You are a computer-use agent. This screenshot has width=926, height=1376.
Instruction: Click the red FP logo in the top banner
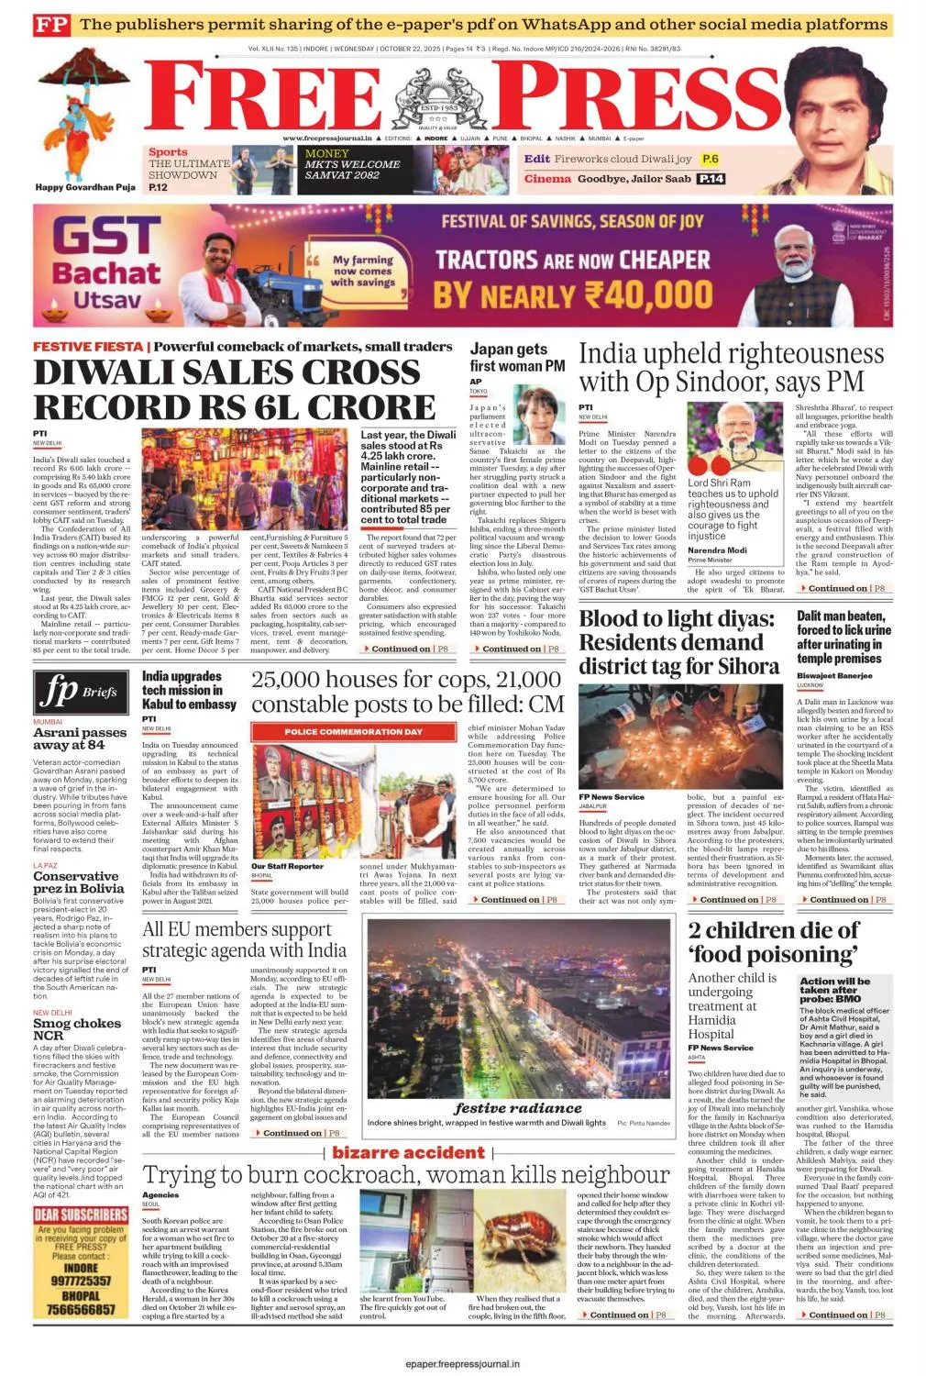[51, 25]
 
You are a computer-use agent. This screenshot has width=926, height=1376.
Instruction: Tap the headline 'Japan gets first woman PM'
[517, 357]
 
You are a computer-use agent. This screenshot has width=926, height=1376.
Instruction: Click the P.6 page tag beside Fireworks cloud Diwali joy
[711, 160]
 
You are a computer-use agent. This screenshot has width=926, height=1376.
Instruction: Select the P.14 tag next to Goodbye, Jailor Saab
[711, 179]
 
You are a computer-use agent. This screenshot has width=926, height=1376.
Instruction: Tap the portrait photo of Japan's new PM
[540, 415]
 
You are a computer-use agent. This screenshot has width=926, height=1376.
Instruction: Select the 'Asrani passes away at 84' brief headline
[80, 738]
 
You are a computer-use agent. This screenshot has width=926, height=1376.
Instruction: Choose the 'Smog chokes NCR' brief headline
[77, 1028]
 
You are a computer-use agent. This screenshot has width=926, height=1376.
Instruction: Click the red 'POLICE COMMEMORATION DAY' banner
[353, 732]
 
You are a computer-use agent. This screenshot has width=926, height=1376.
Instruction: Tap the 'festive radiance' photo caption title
[518, 1108]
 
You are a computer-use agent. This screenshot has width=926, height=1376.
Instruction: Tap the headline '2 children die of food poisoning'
[773, 942]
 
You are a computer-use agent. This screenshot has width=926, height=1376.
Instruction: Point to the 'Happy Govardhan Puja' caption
[85, 187]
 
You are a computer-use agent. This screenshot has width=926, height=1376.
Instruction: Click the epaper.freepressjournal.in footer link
[462, 1364]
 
